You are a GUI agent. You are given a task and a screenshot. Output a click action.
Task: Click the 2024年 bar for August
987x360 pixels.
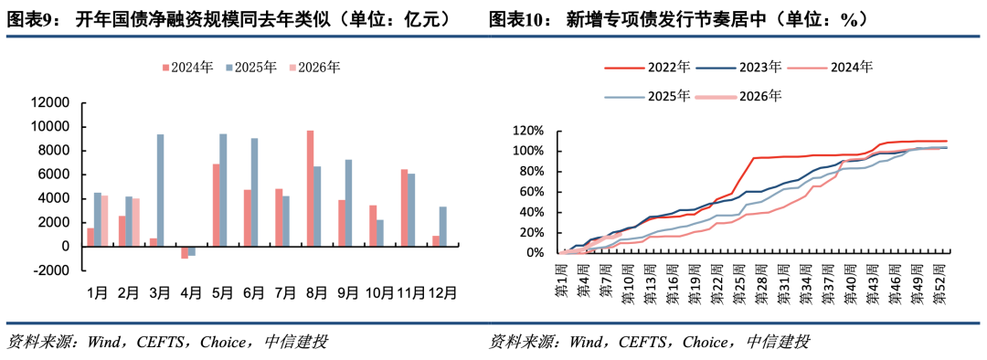tap(310, 188)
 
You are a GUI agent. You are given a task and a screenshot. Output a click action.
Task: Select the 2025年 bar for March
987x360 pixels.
tap(161, 190)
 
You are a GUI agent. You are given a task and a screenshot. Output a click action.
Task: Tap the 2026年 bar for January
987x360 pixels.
tap(105, 220)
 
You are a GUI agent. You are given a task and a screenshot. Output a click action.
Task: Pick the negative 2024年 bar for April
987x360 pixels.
tap(184, 252)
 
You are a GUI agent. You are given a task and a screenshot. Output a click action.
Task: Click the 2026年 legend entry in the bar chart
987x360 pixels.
tap(315, 67)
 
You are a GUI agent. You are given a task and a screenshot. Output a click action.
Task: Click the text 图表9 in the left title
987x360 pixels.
tap(27, 18)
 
